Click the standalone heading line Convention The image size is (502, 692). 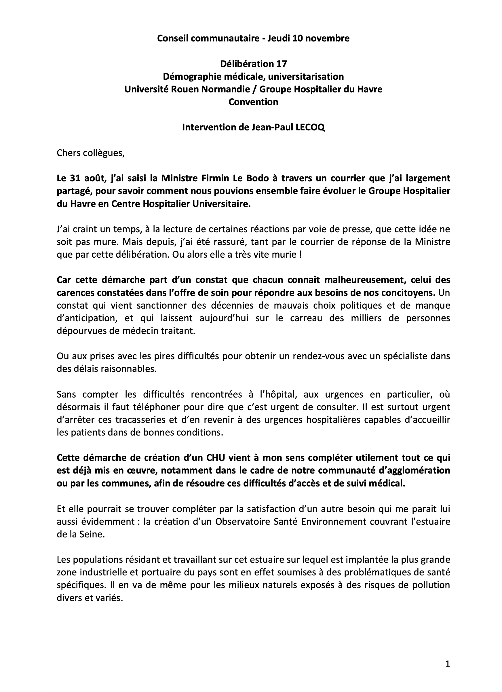pos(253,102)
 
